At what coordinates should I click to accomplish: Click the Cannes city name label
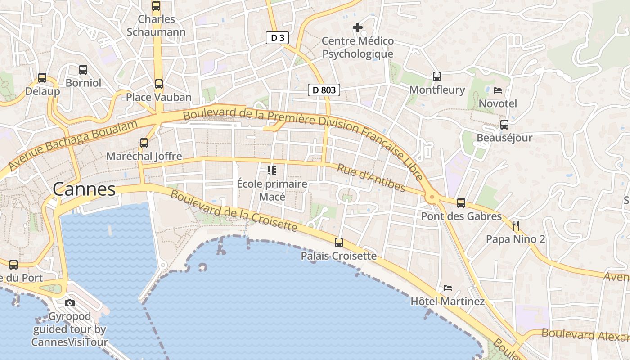point(84,189)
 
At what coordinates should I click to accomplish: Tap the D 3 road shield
point(277,38)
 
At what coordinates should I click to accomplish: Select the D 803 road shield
point(324,90)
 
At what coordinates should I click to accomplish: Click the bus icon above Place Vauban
point(158,84)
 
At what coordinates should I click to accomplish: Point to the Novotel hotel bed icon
point(498,90)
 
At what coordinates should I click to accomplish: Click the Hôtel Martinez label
point(447,301)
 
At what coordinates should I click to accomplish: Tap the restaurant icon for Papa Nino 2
point(516,226)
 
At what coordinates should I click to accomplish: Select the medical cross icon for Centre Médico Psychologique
point(358,28)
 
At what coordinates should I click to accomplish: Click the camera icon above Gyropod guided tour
point(70,303)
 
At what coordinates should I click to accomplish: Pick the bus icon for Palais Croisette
point(339,243)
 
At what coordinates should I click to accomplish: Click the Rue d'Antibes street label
point(371,177)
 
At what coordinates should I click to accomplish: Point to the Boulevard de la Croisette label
point(234,211)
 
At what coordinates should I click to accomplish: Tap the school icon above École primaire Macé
point(272,171)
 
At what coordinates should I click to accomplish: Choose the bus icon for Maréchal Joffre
point(144,143)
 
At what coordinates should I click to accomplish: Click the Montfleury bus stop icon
point(437,76)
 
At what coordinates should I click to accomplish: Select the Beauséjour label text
point(504,138)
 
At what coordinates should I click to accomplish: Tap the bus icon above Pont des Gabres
point(461,203)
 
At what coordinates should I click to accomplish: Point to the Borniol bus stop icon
point(83,70)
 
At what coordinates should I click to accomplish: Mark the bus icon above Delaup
point(42,78)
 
